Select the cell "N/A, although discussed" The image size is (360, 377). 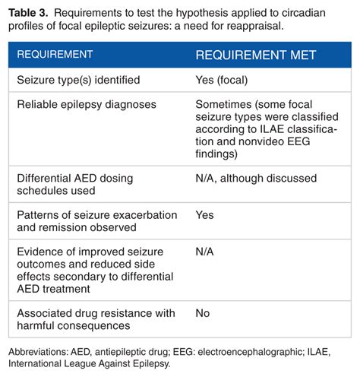[x=254, y=177]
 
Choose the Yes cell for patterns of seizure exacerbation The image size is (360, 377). [x=205, y=215]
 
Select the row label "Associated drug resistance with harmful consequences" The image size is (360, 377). [x=96, y=319]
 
